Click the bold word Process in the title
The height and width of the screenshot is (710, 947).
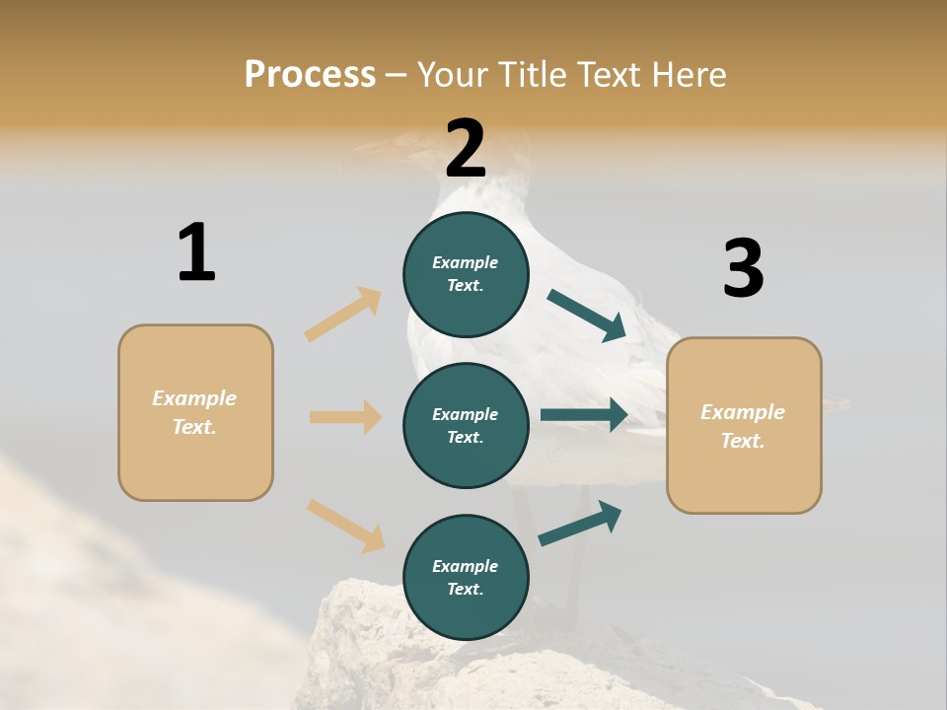[x=310, y=75]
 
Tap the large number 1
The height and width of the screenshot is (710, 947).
[x=196, y=252]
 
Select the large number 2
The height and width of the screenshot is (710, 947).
[x=466, y=149]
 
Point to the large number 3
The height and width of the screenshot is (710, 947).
[x=743, y=269]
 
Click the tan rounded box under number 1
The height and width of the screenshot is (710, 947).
[x=195, y=412]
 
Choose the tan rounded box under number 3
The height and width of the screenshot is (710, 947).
[x=744, y=425]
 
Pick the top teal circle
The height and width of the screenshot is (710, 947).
[x=466, y=274]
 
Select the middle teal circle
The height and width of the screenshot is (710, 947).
[x=466, y=425]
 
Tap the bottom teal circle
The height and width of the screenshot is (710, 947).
[x=466, y=577]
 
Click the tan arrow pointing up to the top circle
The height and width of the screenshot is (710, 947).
[x=343, y=315]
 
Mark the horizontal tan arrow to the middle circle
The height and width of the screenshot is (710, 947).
[x=345, y=417]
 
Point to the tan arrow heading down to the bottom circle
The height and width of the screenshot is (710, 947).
[x=345, y=526]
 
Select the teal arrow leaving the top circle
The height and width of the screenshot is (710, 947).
[x=587, y=315]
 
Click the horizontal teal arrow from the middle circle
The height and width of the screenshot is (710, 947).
[x=583, y=414]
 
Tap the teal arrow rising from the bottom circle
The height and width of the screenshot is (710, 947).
[x=581, y=523]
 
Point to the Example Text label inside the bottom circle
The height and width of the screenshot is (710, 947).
[x=466, y=577]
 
